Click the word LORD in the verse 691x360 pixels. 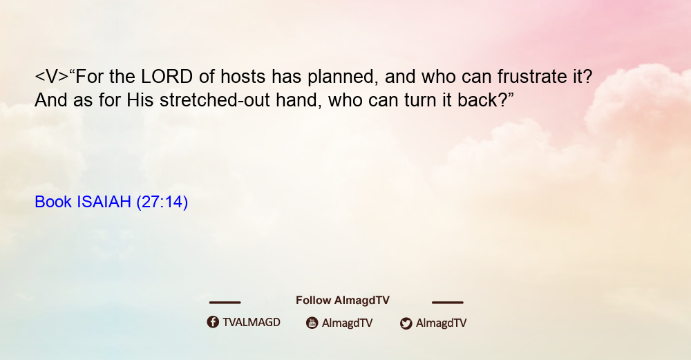click(x=167, y=77)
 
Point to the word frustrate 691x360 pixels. click(x=532, y=77)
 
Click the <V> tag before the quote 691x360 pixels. click(x=52, y=77)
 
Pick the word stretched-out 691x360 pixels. click(x=215, y=100)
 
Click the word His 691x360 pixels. click(x=140, y=100)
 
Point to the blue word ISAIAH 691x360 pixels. click(x=104, y=202)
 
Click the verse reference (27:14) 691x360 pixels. click(x=162, y=202)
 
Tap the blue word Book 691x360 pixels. click(x=53, y=202)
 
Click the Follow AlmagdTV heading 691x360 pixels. click(x=343, y=301)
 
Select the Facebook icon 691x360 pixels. click(x=213, y=322)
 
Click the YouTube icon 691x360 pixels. click(x=312, y=323)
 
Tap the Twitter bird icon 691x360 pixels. click(x=406, y=323)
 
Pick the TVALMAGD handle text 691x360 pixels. click(x=252, y=322)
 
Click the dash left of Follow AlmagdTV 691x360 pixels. click(x=225, y=303)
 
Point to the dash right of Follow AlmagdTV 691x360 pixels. click(x=448, y=303)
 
